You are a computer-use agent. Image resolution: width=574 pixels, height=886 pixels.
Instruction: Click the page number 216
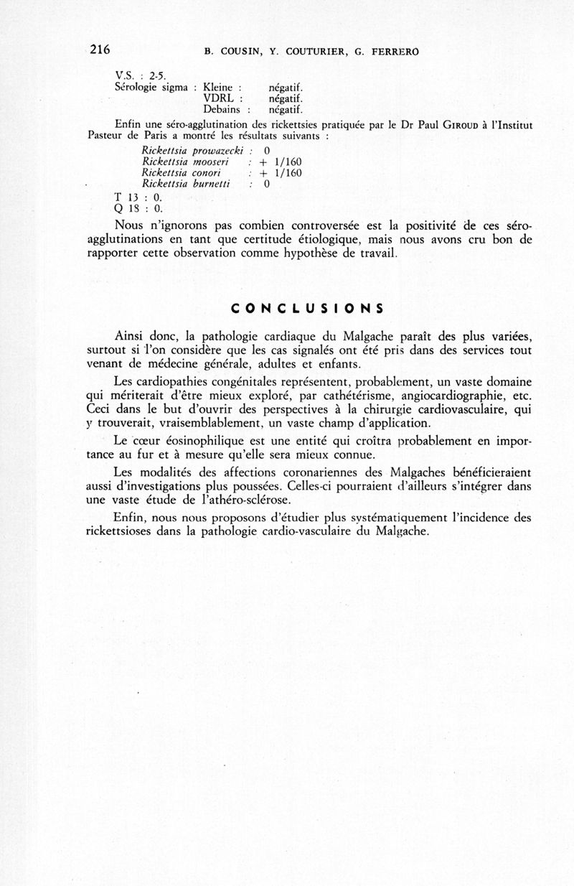point(100,50)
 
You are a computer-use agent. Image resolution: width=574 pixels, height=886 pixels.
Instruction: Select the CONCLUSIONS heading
point(308,309)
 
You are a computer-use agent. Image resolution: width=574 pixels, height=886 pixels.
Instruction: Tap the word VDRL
point(221,98)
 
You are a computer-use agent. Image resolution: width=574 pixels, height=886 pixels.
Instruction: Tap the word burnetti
point(207,185)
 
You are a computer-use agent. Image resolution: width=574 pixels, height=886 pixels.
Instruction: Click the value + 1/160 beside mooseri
point(281,162)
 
